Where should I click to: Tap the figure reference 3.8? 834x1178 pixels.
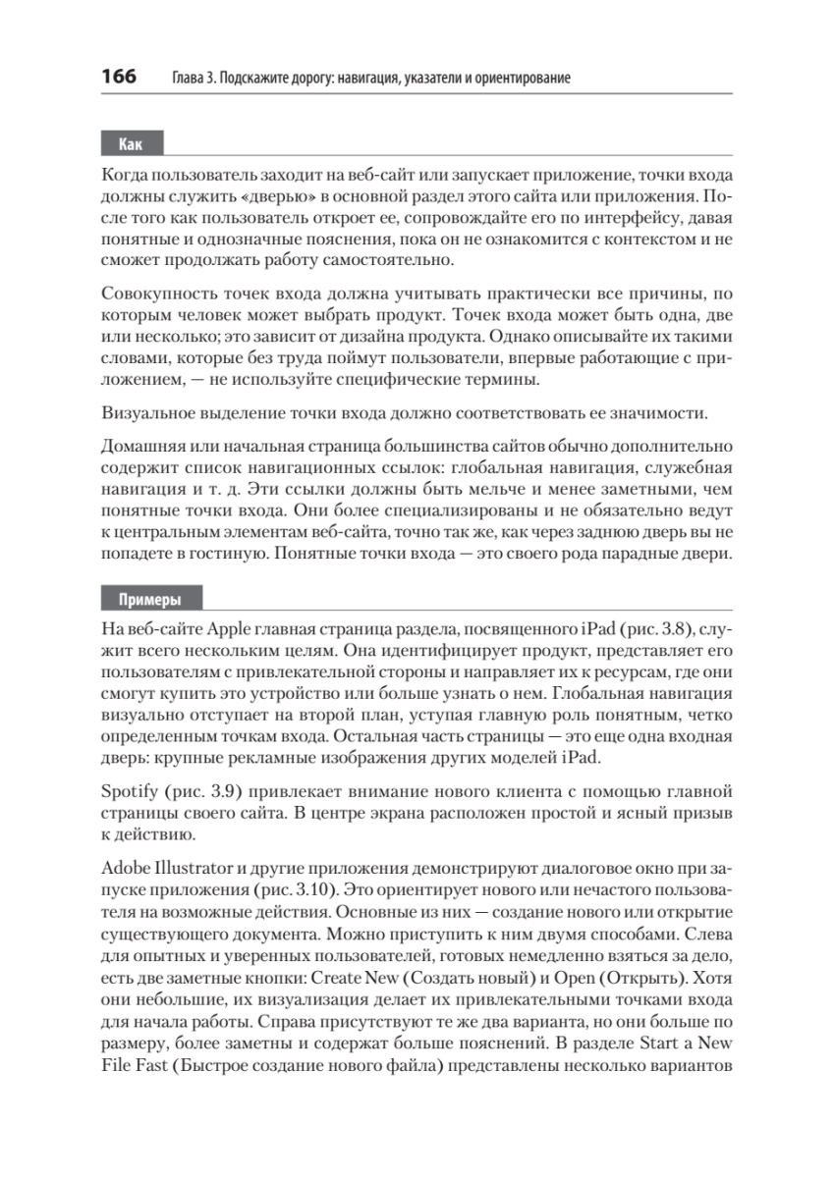coord(668,628)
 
